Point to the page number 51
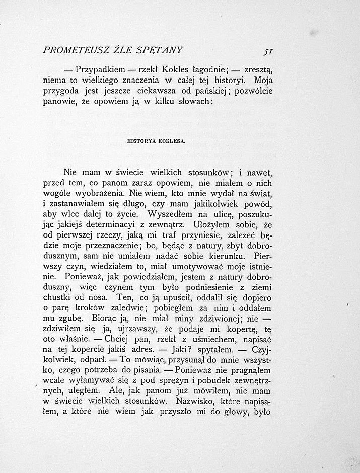point(267,51)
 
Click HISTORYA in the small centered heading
point(143,141)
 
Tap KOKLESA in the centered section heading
point(172,141)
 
